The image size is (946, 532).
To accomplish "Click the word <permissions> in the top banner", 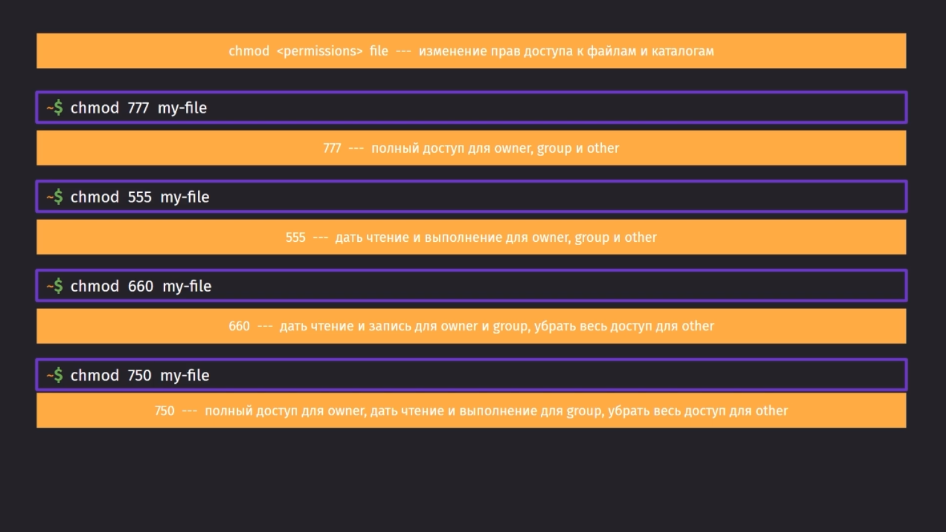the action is pos(319,51).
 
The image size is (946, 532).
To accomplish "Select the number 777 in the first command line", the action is pos(138,108).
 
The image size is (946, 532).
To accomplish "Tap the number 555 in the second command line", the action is pos(139,197).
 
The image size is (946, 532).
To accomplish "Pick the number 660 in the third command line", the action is pos(141,286).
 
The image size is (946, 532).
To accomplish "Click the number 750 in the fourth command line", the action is pos(139,376).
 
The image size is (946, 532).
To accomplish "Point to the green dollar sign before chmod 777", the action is pos(58,107).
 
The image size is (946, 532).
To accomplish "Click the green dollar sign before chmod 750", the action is pos(58,375).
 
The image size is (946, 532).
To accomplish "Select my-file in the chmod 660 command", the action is pos(187,286).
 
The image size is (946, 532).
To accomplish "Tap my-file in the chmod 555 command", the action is pos(185,198).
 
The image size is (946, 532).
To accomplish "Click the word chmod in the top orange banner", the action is pos(249,51).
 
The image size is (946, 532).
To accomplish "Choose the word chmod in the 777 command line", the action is pos(95,108).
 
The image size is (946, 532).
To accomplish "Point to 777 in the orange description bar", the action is pos(332,148).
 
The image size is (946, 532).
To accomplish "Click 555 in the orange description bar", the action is pos(295,237).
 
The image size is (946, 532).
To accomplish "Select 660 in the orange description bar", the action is pos(239,326).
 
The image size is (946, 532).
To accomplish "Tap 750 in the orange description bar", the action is pos(165,411).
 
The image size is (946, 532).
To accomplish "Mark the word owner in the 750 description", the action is pos(347,411).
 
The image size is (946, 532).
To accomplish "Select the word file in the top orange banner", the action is pos(379,51).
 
